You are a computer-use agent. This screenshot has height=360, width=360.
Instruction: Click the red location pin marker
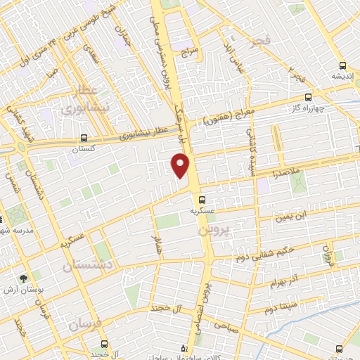(181, 166)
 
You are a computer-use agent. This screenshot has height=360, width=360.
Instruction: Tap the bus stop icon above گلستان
(84, 138)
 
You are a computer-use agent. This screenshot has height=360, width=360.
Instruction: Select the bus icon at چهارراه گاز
(309, 98)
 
